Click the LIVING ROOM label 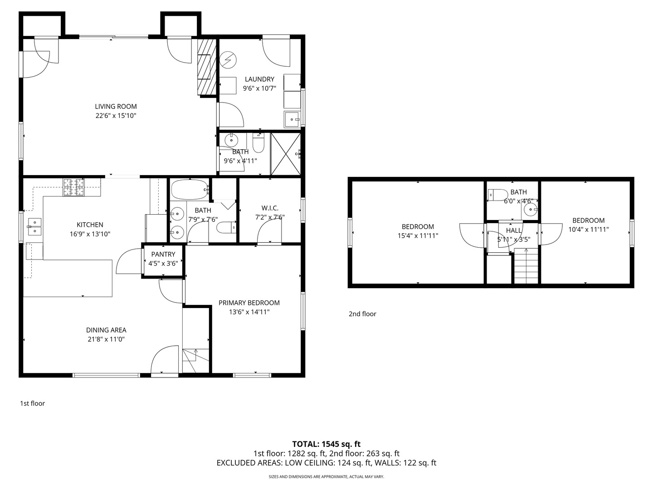coord(116,107)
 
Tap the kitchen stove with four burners coord(73,187)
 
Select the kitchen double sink coord(34,227)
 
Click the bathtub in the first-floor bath coord(190,190)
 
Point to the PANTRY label coord(163,255)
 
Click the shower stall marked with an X coord(286,154)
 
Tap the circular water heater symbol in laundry coord(228,60)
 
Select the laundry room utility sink coord(292,119)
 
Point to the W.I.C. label coord(270,208)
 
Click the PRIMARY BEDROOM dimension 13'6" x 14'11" coord(249,312)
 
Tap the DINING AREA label coord(106,330)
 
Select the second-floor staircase coord(526,266)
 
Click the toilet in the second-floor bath coord(498,195)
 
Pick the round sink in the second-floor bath coord(530,210)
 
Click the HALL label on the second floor coord(514,230)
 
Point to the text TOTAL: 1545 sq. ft coord(326,444)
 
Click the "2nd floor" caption coord(362,314)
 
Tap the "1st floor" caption coord(33,403)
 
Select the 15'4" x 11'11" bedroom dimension coord(418,235)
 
